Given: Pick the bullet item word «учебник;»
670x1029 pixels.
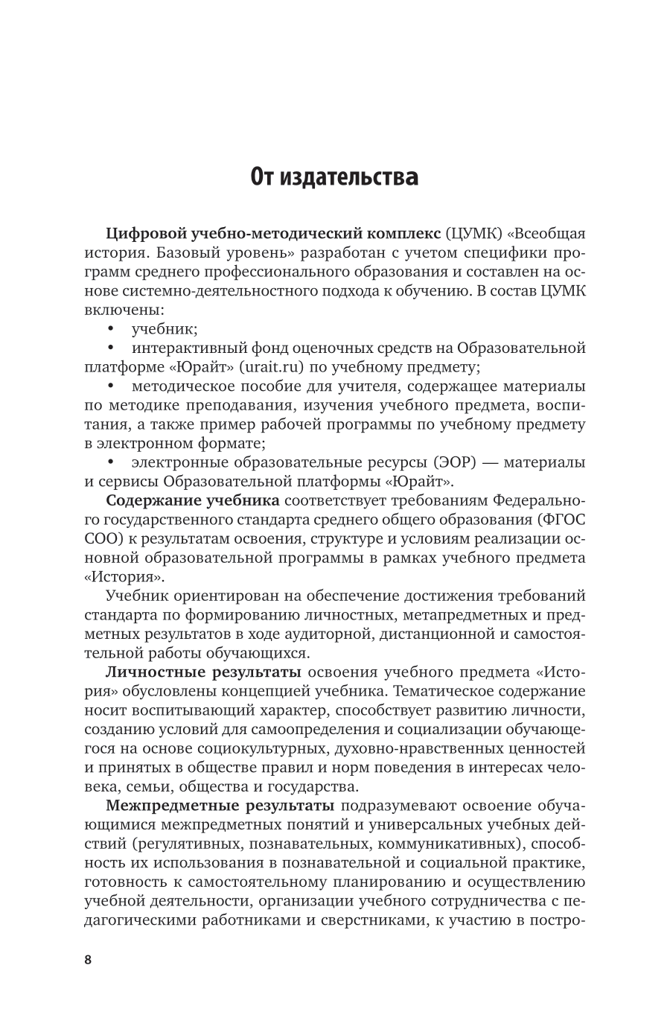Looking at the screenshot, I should (165, 328).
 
